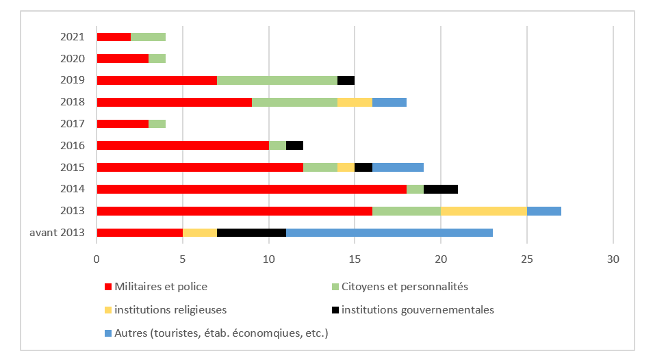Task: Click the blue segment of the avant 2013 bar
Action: click(389, 232)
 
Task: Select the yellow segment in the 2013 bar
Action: click(484, 210)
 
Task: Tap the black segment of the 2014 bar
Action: click(441, 189)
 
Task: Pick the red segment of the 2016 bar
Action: click(183, 145)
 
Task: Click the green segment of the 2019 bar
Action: click(277, 80)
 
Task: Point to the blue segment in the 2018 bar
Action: click(389, 102)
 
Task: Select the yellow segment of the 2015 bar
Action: click(346, 167)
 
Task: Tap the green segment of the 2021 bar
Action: click(148, 37)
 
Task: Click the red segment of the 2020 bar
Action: click(123, 58)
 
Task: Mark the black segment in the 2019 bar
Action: click(346, 80)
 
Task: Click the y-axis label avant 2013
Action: click(57, 232)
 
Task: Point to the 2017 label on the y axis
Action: click(72, 123)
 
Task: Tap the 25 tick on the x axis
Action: click(527, 259)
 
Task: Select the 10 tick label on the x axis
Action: click(268, 259)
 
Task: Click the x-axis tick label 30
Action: click(613, 259)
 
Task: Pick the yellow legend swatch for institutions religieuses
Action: click(107, 310)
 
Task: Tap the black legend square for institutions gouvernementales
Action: click(335, 310)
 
